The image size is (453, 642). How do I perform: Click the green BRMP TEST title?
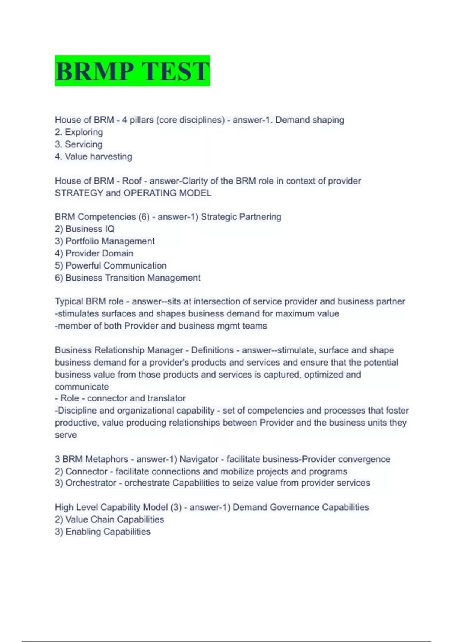point(132,71)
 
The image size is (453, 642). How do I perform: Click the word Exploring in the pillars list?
point(84,132)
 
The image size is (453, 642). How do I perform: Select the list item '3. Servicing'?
point(79,144)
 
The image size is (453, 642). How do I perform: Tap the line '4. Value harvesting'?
point(93,156)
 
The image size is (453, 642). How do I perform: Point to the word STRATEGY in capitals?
point(79,193)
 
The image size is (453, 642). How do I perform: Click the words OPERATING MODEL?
point(167,193)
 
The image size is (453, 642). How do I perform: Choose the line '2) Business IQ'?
point(85,229)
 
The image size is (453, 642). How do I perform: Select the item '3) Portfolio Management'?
point(105,241)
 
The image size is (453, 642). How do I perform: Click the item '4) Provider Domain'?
point(94,253)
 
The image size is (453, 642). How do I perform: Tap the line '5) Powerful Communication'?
point(111,265)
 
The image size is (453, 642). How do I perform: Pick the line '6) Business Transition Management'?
point(128,278)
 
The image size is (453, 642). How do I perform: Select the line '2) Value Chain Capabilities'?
point(109,519)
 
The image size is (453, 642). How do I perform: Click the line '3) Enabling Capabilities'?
point(103,531)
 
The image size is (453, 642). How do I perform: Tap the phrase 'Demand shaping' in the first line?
point(310,120)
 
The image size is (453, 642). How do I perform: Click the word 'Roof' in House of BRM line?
point(132,181)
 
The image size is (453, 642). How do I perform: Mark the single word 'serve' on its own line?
point(66,435)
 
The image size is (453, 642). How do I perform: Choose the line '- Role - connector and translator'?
point(120,398)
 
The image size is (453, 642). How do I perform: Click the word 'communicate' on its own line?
point(82,387)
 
